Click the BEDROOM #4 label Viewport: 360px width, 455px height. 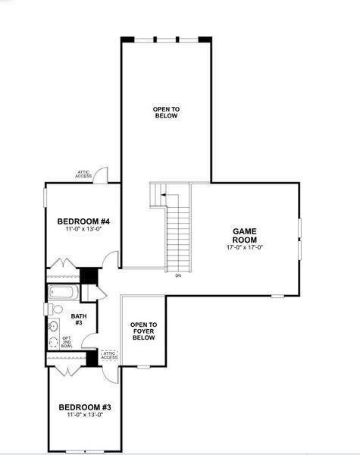click(x=84, y=221)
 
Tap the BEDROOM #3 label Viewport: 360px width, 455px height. click(x=86, y=407)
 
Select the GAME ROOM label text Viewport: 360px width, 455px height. click(x=245, y=234)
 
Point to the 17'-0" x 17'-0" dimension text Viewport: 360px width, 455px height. click(x=245, y=247)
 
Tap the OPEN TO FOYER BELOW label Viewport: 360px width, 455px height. click(x=143, y=331)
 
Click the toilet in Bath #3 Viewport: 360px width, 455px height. click(x=55, y=309)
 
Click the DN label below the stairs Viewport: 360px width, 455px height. click(x=178, y=275)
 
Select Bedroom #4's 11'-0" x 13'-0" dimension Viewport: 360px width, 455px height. click(x=84, y=229)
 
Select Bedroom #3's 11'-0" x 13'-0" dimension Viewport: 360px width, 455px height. click(x=86, y=415)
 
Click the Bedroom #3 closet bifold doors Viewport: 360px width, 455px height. click(x=66, y=370)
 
